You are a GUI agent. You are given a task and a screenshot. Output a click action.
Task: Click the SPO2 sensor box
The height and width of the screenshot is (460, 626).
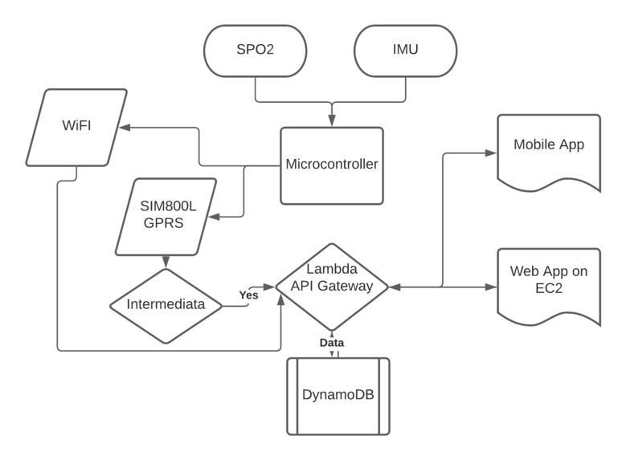256,51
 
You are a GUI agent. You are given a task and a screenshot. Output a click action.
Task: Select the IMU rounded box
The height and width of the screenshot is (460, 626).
406,51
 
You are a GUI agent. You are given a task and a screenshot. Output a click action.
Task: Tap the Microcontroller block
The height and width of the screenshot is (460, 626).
331,165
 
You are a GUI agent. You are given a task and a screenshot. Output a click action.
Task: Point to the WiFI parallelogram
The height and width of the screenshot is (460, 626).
77,127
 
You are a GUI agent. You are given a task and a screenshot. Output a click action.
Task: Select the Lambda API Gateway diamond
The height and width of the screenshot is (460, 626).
331,286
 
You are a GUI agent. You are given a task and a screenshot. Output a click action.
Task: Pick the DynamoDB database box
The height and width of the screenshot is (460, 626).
338,396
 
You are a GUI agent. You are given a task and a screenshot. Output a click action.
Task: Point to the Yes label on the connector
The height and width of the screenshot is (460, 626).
249,295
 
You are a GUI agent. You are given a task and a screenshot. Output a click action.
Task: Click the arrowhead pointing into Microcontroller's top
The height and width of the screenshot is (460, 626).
331,122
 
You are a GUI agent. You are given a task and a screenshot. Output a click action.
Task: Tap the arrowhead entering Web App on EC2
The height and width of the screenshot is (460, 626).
493,286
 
